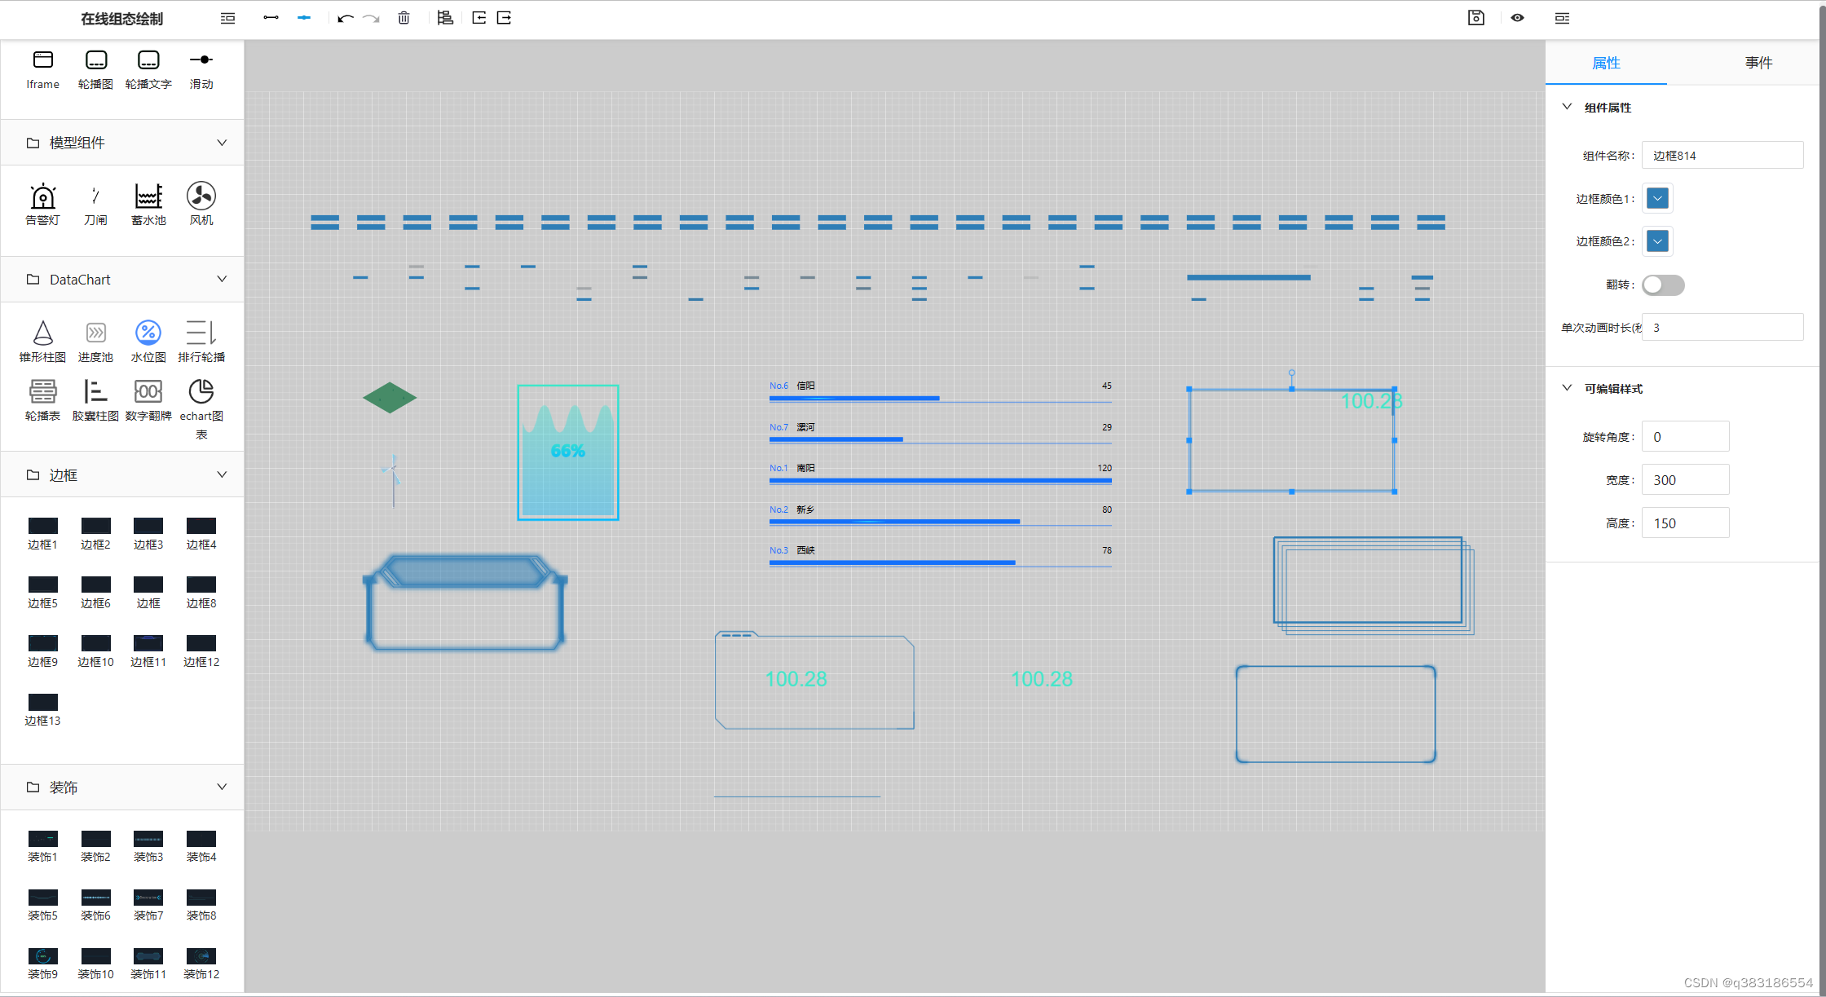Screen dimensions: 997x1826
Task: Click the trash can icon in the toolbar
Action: point(404,18)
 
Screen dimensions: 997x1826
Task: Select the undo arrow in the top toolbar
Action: point(345,18)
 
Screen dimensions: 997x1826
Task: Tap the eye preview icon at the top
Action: point(1517,18)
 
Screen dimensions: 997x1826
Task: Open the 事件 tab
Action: point(1758,63)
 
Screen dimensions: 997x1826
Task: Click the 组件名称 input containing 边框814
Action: point(1722,156)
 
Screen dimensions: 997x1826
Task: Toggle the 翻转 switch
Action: point(1663,285)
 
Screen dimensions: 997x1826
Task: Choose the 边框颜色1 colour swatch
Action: point(1657,198)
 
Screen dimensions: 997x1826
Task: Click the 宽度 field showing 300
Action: point(1685,480)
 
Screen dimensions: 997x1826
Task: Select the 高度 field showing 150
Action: point(1685,523)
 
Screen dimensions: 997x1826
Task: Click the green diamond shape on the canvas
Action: point(390,398)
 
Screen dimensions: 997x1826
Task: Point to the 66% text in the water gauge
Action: point(567,451)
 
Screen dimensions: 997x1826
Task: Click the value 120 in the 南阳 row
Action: point(1105,468)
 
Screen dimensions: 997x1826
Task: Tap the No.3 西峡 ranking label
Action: point(792,550)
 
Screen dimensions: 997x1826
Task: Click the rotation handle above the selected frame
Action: point(1291,373)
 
